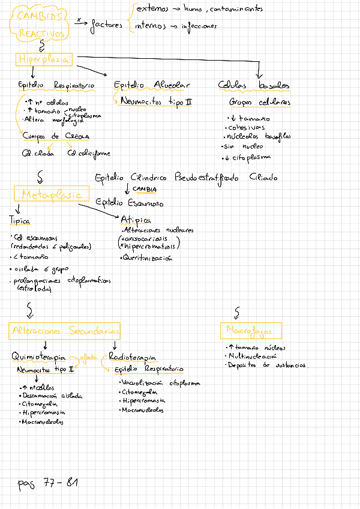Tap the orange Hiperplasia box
point(44,59)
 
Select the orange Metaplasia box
point(51,194)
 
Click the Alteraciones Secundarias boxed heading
point(65,331)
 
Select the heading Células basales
point(253,86)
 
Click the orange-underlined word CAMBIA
point(145,189)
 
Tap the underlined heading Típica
point(20,220)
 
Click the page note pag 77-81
point(48,483)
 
